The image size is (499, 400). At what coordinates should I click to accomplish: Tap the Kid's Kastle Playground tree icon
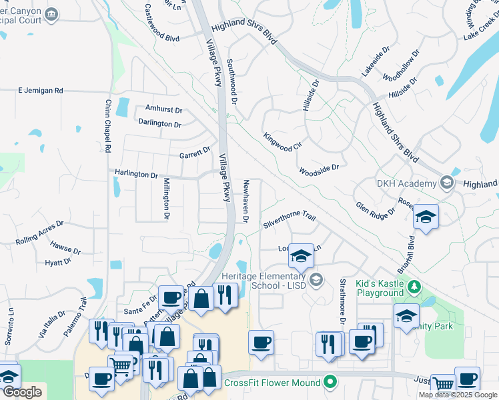[x=415, y=287]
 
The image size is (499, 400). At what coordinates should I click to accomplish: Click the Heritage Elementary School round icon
[x=316, y=280]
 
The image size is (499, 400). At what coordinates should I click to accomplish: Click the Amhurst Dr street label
[x=163, y=109]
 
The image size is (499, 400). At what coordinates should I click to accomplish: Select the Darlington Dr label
[x=160, y=124]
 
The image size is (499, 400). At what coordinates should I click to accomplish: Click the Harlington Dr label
[x=136, y=175]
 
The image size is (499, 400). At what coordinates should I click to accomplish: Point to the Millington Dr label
[x=167, y=199]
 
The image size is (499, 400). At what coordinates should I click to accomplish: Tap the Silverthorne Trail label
[x=289, y=220]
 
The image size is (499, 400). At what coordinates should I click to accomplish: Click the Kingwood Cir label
[x=283, y=142]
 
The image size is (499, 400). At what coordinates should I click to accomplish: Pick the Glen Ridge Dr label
[x=375, y=211]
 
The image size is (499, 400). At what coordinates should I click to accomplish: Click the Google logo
[x=22, y=392]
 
